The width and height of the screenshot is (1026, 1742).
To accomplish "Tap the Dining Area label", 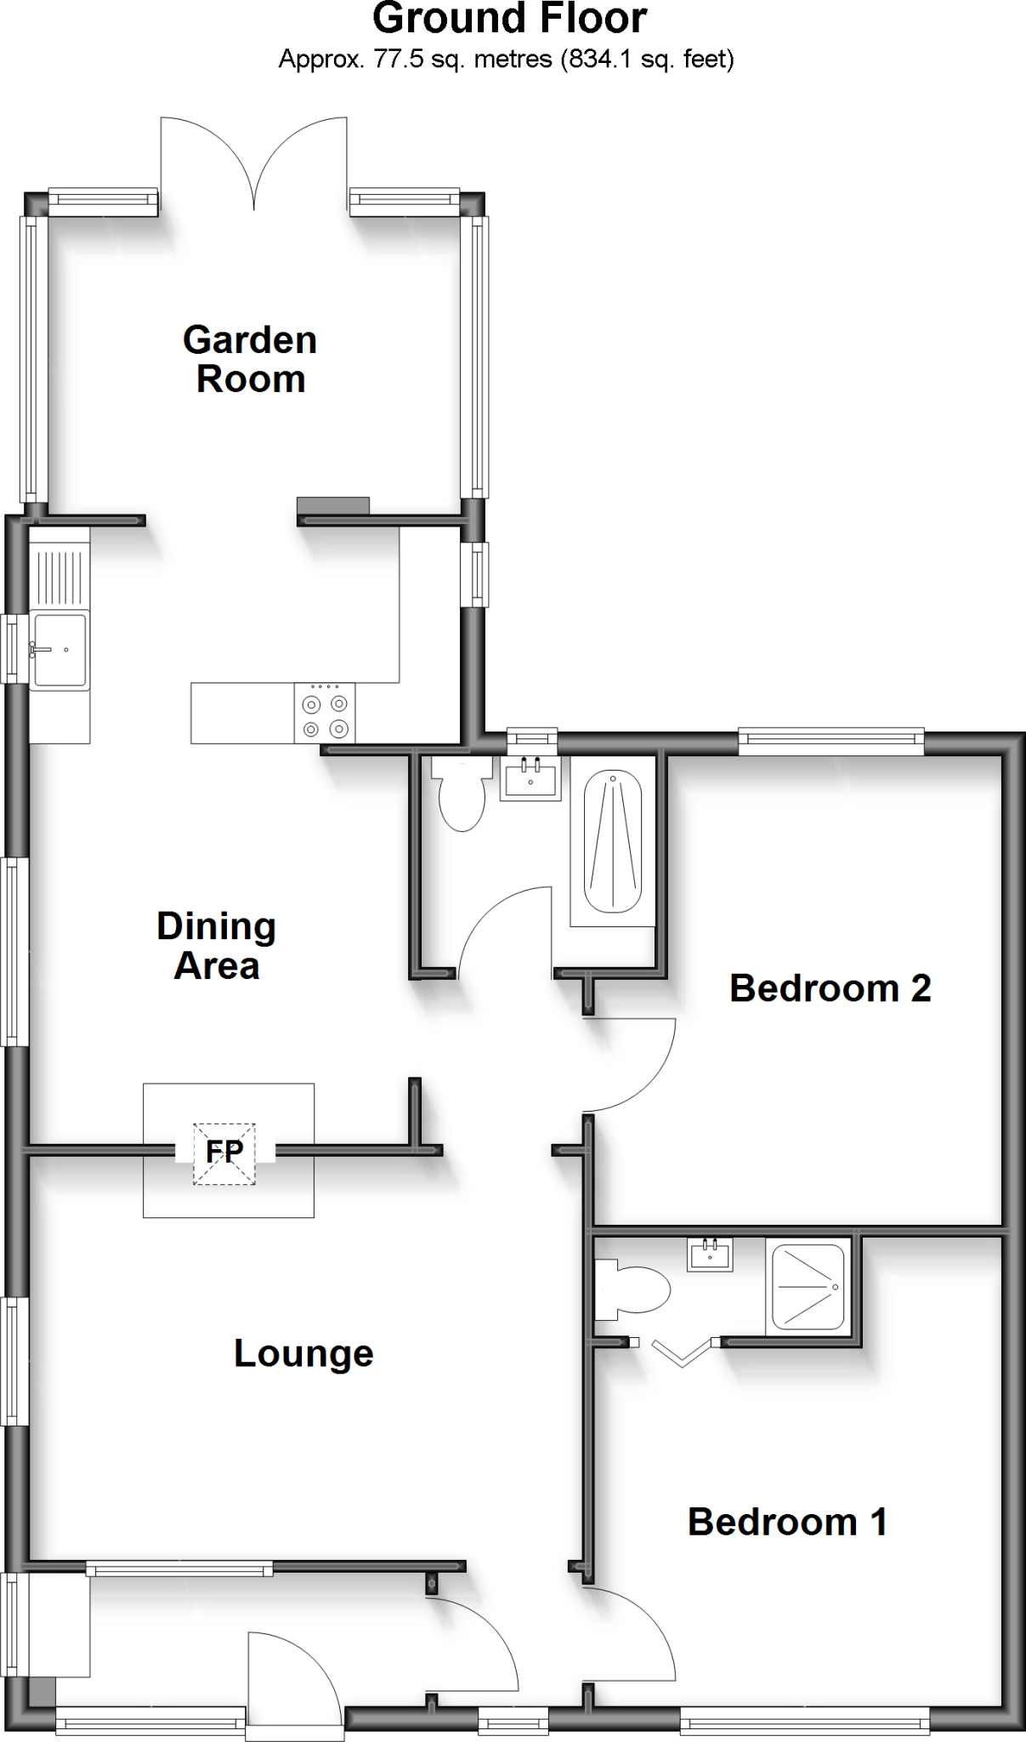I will (x=217, y=946).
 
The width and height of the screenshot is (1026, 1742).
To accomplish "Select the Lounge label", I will (x=303, y=1353).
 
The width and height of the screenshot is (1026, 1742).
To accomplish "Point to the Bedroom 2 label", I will (x=830, y=988).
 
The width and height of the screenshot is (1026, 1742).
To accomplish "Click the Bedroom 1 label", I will (x=787, y=1522).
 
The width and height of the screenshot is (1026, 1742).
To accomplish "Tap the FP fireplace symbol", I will (x=224, y=1153).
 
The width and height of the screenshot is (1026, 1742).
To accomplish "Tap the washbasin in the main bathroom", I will (x=530, y=777).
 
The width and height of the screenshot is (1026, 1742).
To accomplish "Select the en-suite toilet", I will (x=635, y=1290).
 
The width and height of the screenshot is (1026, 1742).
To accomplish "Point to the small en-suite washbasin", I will (x=710, y=1255).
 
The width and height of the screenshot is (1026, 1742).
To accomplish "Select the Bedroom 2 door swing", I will (x=633, y=1063).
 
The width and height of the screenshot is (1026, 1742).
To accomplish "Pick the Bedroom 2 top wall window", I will (x=830, y=742).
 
